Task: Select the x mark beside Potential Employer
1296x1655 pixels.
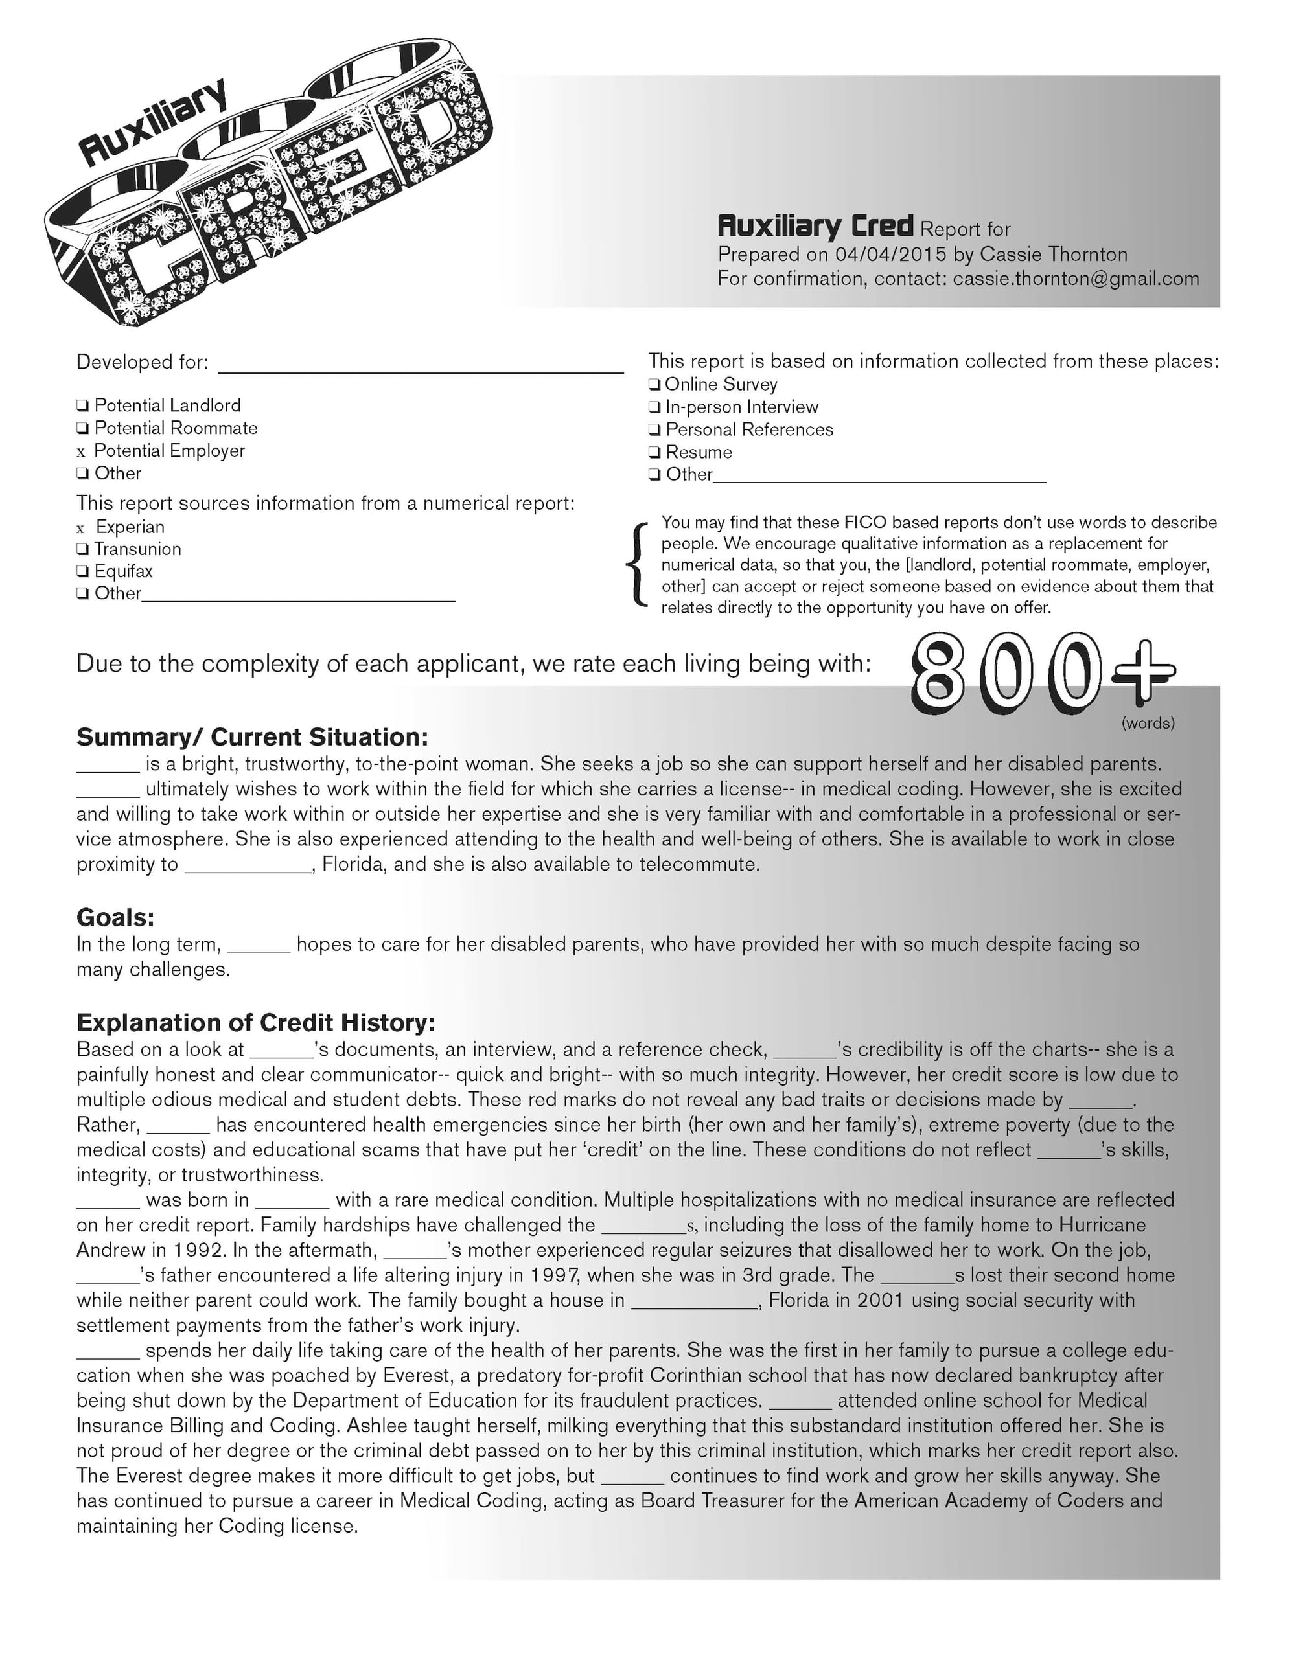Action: pos(81,452)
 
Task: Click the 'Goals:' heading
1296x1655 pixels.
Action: pos(115,919)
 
